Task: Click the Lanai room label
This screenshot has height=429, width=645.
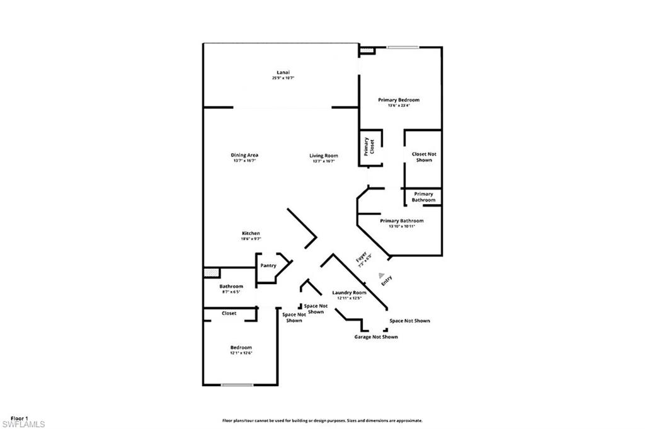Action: [x=283, y=72]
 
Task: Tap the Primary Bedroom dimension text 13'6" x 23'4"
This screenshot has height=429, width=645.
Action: [x=399, y=106]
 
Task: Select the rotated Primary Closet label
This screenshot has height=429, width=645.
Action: [x=369, y=147]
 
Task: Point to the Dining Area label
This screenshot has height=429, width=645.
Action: [x=244, y=155]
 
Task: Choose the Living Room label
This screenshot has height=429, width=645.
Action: [x=323, y=155]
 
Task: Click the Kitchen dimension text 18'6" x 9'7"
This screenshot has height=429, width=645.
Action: [x=251, y=239]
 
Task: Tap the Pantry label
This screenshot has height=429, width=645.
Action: [x=268, y=266]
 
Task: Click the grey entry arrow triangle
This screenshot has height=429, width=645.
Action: [x=380, y=275]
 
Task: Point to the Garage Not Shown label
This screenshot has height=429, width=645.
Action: [x=375, y=337]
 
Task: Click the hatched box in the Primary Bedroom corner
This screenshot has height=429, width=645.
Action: [x=366, y=49]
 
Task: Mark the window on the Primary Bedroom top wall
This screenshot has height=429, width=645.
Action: [x=402, y=46]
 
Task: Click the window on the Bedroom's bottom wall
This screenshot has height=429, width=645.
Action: [x=237, y=385]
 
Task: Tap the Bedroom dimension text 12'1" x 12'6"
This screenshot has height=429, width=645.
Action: [x=241, y=353]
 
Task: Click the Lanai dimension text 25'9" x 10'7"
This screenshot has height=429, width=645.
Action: [x=283, y=78]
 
